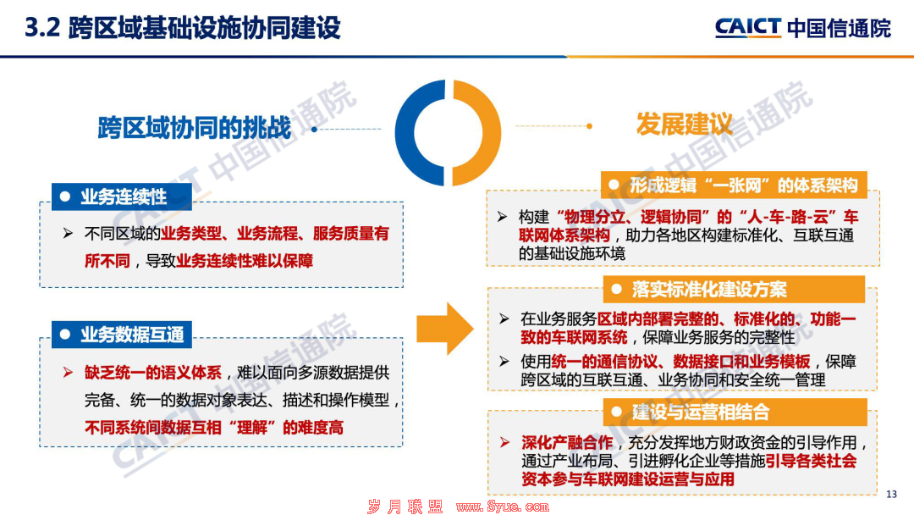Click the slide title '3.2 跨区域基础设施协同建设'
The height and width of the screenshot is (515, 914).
tap(183, 28)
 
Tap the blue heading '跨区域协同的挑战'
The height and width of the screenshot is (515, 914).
tap(194, 128)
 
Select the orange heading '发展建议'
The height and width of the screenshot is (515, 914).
tap(684, 125)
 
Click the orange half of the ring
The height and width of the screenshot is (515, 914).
tap(491, 133)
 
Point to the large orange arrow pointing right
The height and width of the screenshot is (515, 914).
tap(445, 329)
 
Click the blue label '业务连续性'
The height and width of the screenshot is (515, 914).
tap(122, 197)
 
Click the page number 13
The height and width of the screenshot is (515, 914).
tap(891, 494)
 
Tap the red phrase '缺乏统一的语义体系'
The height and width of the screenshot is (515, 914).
tap(152, 373)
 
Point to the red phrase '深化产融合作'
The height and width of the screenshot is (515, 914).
tap(566, 443)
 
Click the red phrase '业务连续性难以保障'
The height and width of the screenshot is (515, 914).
tap(245, 261)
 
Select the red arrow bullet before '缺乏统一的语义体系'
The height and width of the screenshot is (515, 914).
tap(69, 373)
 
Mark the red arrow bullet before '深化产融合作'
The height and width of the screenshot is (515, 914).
tap(504, 443)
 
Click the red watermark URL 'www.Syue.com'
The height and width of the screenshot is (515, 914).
tap(503, 507)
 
